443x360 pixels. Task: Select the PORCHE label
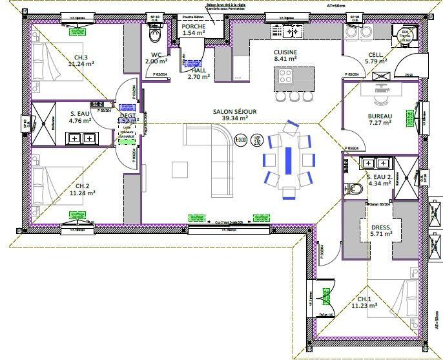pos(194,26)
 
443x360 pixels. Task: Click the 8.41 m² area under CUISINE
pos(285,58)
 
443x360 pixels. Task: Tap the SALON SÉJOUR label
pos(234,111)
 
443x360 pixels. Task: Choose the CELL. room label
pos(376,54)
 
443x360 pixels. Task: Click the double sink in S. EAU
pos(81,138)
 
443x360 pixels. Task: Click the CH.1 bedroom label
pos(364,299)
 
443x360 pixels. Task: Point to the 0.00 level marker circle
pos(242,138)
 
